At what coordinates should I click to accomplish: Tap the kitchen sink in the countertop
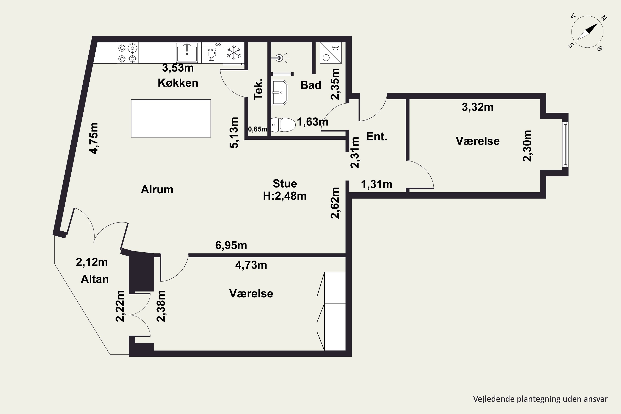187,53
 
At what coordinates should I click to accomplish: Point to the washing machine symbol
331,53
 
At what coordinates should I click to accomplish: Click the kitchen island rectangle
171,118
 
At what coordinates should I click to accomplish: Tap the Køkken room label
178,83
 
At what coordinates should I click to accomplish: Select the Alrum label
157,190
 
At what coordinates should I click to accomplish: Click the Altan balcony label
95,279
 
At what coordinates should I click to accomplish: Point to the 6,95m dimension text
231,246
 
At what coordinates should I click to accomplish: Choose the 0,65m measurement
258,129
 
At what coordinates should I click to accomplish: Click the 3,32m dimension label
478,107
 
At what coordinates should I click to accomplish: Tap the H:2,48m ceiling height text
285,196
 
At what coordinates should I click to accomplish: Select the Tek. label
258,89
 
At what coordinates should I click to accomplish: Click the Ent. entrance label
377,136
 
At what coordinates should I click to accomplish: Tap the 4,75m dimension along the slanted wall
94,138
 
